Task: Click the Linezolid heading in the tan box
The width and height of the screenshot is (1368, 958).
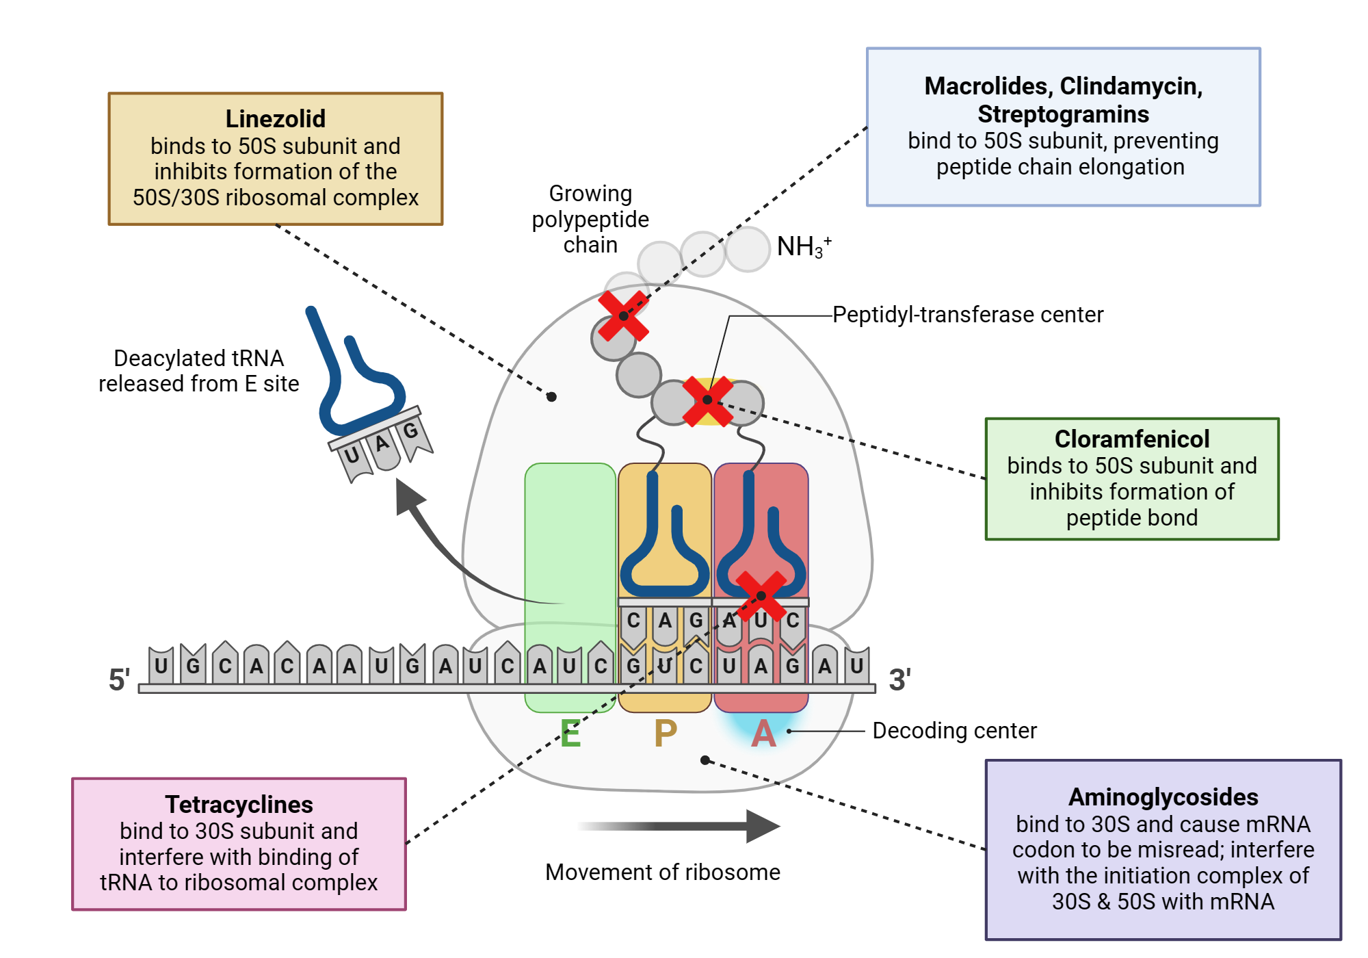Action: pos(275,119)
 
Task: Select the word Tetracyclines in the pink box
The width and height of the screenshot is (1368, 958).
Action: pos(239,804)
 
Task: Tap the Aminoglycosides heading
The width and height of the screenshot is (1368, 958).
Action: pos(1163,797)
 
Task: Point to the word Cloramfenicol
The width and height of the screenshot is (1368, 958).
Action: pos(1131,439)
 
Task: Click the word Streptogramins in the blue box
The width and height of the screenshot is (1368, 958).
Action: pos(1063,114)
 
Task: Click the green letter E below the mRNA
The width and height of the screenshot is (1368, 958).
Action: pos(570,734)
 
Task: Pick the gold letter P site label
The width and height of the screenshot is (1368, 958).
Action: pos(665,734)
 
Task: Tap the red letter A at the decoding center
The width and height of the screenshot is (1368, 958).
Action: pos(763,734)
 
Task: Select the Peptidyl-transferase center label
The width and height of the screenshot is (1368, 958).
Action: pos(967,315)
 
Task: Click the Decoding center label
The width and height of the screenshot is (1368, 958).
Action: pos(954,731)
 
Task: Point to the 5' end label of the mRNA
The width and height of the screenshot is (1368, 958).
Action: pos(119,679)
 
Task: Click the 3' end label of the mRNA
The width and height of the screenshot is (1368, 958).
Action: pos(899,679)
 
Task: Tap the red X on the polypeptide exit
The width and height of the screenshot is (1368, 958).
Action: pos(623,315)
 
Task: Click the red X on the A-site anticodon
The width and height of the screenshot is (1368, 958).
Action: pos(761,595)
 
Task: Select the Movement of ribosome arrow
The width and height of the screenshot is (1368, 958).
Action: pos(684,826)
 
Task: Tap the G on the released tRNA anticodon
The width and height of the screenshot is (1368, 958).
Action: pos(410,431)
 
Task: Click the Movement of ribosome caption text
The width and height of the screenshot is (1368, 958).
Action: pos(662,872)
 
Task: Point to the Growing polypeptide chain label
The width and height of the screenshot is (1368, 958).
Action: pos(590,219)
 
